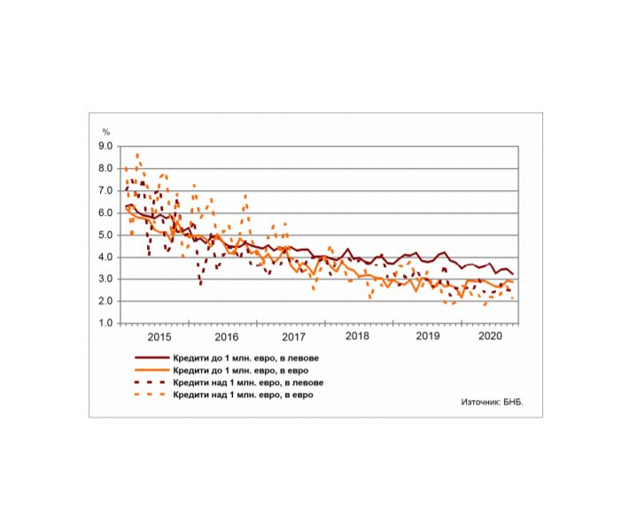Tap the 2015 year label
[159, 337]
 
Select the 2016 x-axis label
[226, 337]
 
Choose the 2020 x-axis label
[490, 337]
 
